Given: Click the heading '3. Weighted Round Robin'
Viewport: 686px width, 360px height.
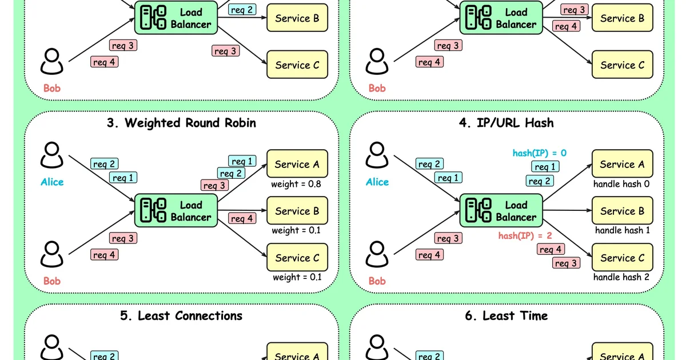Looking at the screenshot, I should pyautogui.click(x=181, y=123).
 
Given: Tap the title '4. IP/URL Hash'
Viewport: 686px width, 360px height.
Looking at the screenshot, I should pyautogui.click(x=506, y=123).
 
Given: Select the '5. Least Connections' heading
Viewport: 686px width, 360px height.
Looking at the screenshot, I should pyautogui.click(x=181, y=316).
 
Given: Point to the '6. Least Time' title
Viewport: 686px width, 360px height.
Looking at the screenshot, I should pyautogui.click(x=506, y=316).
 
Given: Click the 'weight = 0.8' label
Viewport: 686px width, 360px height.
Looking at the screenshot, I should pyautogui.click(x=297, y=184).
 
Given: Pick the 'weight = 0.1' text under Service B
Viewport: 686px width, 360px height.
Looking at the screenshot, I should pyautogui.click(x=297, y=230).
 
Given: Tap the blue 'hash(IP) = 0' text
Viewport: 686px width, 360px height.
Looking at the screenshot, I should pyautogui.click(x=539, y=153).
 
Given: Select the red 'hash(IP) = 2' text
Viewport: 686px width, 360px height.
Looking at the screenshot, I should pyautogui.click(x=524, y=235).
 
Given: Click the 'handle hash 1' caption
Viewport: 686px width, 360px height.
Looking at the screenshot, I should pyautogui.click(x=622, y=230).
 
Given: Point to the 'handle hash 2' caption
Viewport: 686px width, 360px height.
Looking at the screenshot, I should pyautogui.click(x=621, y=277).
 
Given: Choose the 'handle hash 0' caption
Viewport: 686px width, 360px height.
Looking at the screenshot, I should pyautogui.click(x=621, y=184).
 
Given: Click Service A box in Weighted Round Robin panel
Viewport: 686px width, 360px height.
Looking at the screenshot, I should pyautogui.click(x=297, y=165).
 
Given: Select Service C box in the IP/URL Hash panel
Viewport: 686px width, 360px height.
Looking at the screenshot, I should pyautogui.click(x=622, y=258).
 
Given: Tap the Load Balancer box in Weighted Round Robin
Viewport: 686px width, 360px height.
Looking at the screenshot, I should pyautogui.click(x=176, y=211).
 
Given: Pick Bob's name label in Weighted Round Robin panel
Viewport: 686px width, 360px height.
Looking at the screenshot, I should pyautogui.click(x=51, y=281).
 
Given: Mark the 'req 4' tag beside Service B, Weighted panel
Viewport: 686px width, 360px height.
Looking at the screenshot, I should pyautogui.click(x=242, y=218).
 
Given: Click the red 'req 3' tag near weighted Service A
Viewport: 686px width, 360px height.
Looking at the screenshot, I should pyautogui.click(x=214, y=185).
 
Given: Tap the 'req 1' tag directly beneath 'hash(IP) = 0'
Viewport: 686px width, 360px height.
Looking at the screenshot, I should pyautogui.click(x=545, y=167).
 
